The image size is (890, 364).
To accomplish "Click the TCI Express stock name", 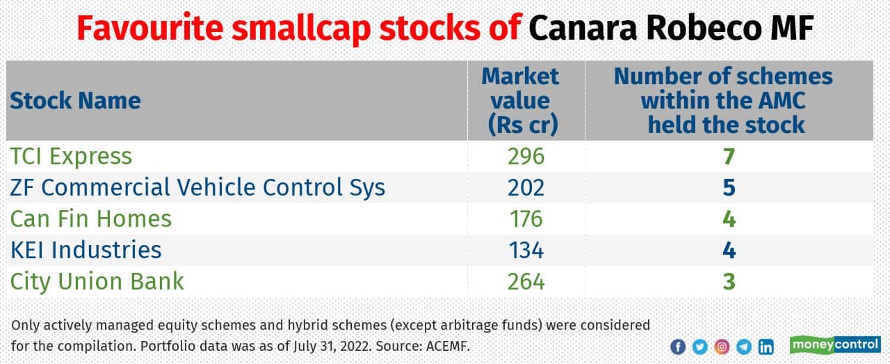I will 71,157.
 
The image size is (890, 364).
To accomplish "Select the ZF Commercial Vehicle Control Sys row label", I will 197,187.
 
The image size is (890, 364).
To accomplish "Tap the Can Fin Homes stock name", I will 90,219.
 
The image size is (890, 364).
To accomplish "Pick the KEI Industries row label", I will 86,250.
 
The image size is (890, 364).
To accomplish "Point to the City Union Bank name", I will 97,281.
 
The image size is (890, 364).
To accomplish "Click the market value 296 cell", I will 526,157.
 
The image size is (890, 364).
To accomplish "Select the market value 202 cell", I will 526,187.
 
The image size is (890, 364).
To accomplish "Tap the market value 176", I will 526,219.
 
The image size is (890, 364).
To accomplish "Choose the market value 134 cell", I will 526,250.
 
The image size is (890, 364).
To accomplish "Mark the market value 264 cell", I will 526,281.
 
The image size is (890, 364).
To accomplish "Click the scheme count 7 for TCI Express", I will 728,157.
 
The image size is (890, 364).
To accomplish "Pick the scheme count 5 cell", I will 728,187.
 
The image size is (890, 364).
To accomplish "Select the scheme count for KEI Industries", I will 728,250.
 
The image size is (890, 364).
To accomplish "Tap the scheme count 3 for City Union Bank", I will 728,281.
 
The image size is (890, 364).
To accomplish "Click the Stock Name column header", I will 75,101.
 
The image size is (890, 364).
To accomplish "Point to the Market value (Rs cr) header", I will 520,100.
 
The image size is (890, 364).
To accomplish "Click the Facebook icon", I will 678,347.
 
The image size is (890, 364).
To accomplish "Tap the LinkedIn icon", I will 766,347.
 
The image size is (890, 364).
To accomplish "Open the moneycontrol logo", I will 835,345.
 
